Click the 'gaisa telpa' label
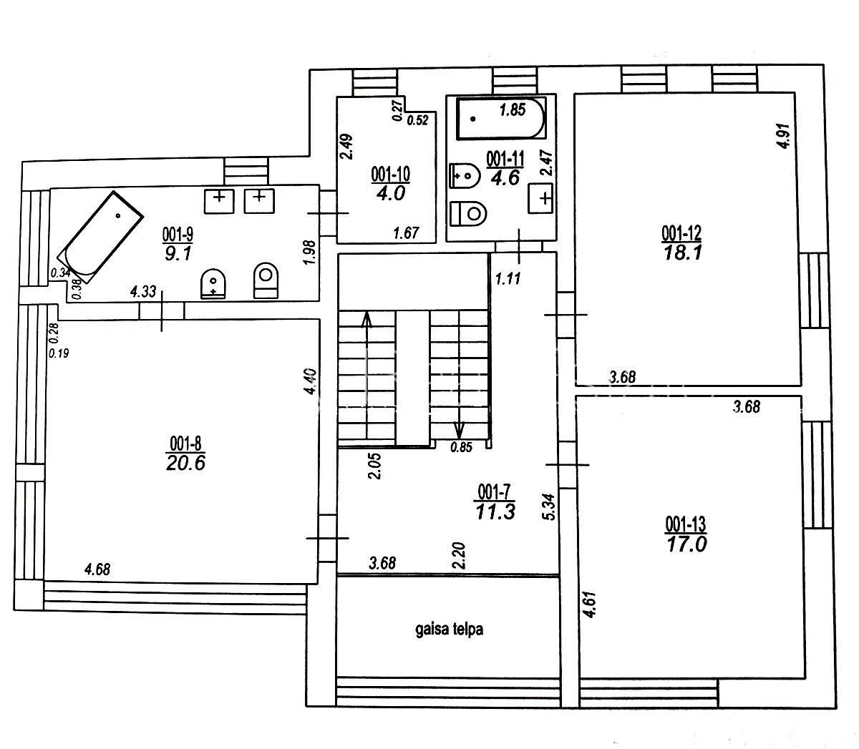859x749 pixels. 450,630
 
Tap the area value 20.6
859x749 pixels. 185,464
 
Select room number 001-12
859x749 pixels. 681,234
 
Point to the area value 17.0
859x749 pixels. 686,544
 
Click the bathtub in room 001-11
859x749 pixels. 501,118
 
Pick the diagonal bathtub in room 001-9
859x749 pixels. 101,237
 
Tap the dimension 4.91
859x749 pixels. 784,136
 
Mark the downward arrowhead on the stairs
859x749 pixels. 459,430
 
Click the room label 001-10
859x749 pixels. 390,175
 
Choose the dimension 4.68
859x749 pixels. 97,569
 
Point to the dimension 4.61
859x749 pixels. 589,604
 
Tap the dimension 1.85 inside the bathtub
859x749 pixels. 513,110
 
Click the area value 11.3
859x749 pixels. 495,512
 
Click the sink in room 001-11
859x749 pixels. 540,198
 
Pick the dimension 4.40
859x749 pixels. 310,381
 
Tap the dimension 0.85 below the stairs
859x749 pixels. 462,447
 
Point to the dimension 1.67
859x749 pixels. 406,233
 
